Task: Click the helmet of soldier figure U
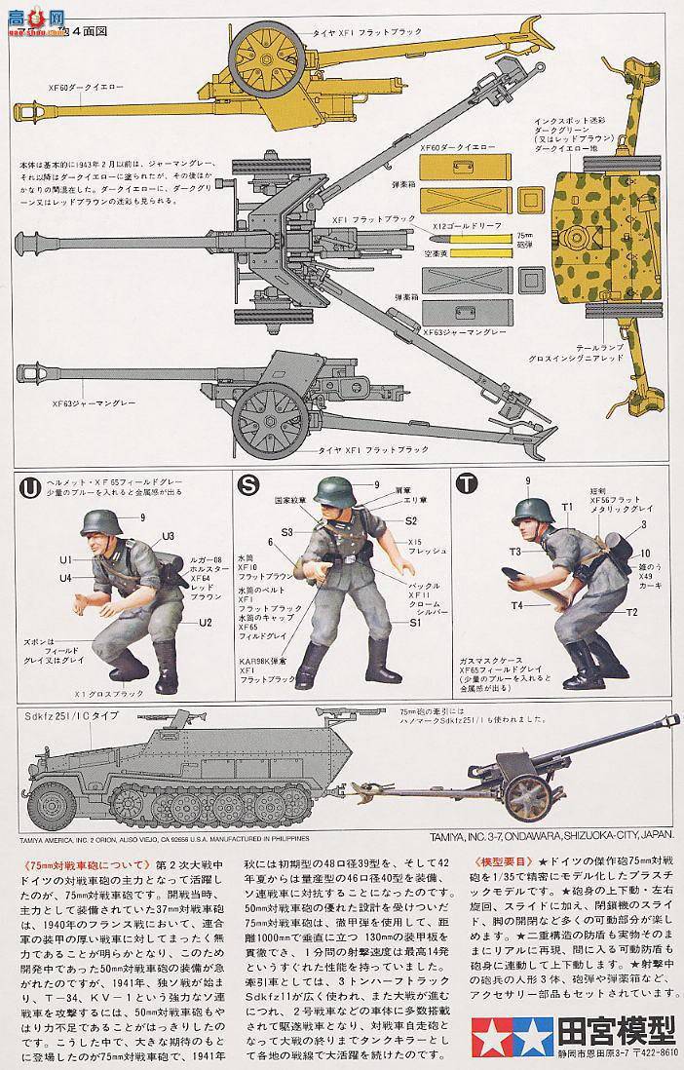(x=99, y=522)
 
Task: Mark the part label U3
(x=168, y=535)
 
